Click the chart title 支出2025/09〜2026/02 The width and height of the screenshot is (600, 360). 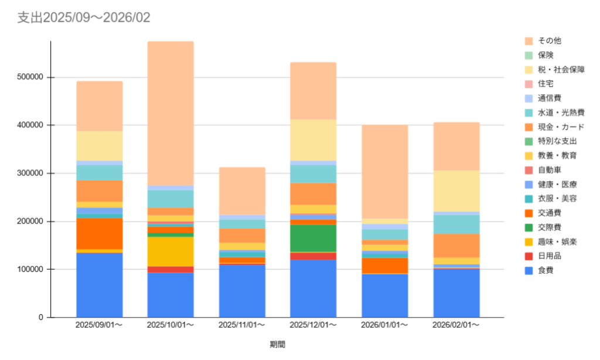point(84,18)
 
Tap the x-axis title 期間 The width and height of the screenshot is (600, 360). point(278,344)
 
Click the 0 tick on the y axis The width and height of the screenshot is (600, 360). point(42,317)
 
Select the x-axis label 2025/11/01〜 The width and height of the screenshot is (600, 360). point(241,325)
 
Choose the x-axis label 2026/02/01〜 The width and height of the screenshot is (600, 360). point(456,325)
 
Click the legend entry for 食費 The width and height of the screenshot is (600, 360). point(546,270)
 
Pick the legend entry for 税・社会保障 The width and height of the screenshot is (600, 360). point(561,69)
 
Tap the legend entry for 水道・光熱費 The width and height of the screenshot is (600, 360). point(561,112)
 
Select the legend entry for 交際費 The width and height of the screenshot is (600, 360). point(549,227)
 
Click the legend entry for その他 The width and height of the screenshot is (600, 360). point(549,40)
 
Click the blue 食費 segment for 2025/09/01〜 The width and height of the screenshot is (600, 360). point(100,285)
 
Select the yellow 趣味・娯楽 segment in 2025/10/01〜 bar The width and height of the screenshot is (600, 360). point(171,252)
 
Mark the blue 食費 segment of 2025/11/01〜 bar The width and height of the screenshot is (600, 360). point(241,291)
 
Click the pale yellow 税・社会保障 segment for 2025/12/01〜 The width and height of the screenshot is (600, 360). point(313,140)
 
